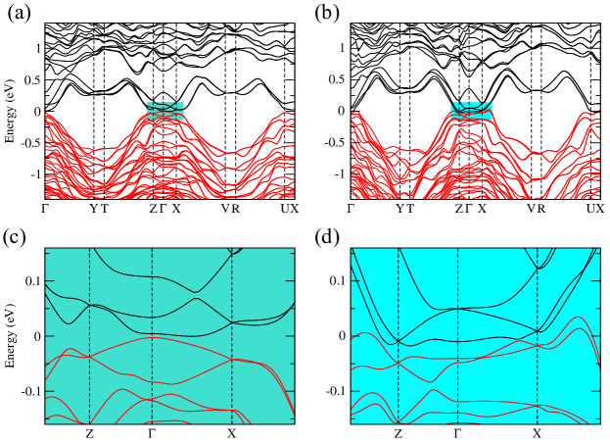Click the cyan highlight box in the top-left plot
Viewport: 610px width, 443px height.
165,111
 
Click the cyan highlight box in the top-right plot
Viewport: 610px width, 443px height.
471,110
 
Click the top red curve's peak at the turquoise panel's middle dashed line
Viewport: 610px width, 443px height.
152,338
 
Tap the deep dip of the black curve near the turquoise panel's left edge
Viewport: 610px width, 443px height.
69,323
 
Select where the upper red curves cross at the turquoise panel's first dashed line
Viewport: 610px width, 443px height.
89,357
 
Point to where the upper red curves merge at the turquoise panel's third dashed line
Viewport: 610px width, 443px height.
232,360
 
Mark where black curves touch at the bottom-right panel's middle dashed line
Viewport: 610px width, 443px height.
457,309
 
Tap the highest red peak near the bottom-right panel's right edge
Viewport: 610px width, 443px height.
578,317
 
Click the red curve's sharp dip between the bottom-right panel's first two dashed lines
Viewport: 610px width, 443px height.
431,381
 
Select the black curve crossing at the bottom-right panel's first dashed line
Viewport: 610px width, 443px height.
398,343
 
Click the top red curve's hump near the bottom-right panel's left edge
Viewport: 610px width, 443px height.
364,333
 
